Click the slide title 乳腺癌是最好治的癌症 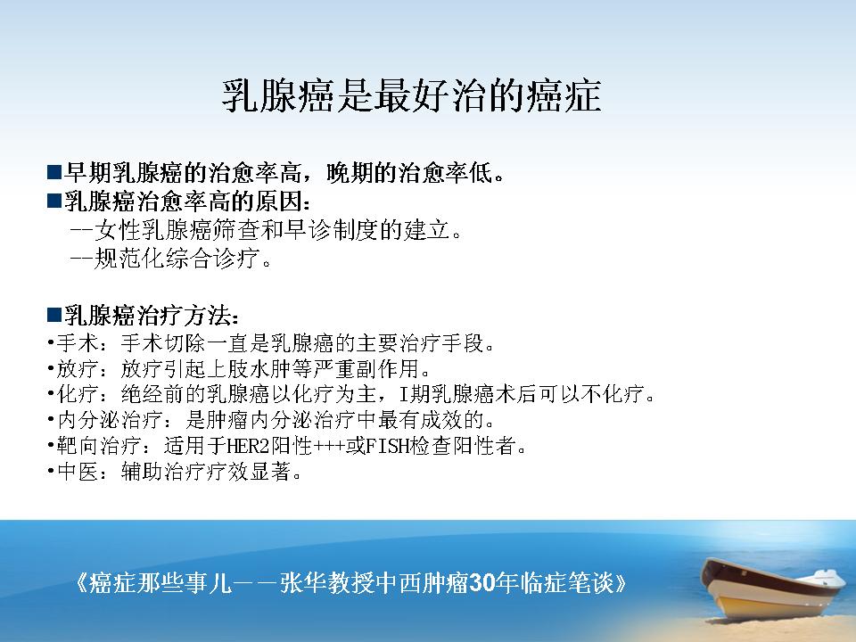click(412, 95)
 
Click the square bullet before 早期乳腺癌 click(54, 172)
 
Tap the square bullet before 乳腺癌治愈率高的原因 click(54, 201)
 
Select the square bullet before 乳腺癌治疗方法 click(54, 315)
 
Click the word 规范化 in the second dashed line click(130, 259)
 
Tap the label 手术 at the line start click(78, 343)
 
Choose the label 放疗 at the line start click(78, 368)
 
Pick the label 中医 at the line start click(78, 471)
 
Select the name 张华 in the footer click(303, 583)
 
